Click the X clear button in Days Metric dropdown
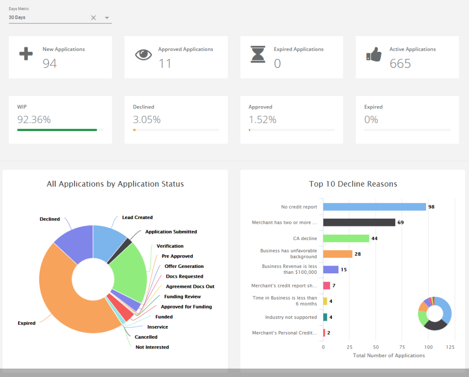pyautogui.click(x=93, y=18)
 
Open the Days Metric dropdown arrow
pyautogui.click(x=107, y=18)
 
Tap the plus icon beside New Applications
pyautogui.click(x=26, y=53)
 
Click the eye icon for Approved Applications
pyautogui.click(x=143, y=54)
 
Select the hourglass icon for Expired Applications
pyautogui.click(x=257, y=54)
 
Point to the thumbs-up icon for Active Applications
pyautogui.click(x=374, y=55)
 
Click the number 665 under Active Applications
pyautogui.click(x=400, y=64)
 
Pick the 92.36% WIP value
pyautogui.click(x=34, y=120)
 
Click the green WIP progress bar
pyautogui.click(x=57, y=130)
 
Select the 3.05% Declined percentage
pyautogui.click(x=147, y=120)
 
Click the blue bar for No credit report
pyautogui.click(x=374, y=207)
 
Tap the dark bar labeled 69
pyautogui.click(x=359, y=222)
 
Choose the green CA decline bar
pyautogui.click(x=346, y=238)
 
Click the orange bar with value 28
pyautogui.click(x=338, y=254)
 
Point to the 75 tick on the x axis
pyautogui.click(x=376, y=347)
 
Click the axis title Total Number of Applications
pyautogui.click(x=389, y=355)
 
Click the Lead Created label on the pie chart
pyautogui.click(x=137, y=218)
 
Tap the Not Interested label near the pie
pyautogui.click(x=152, y=347)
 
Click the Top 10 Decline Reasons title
pyautogui.click(x=353, y=184)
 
